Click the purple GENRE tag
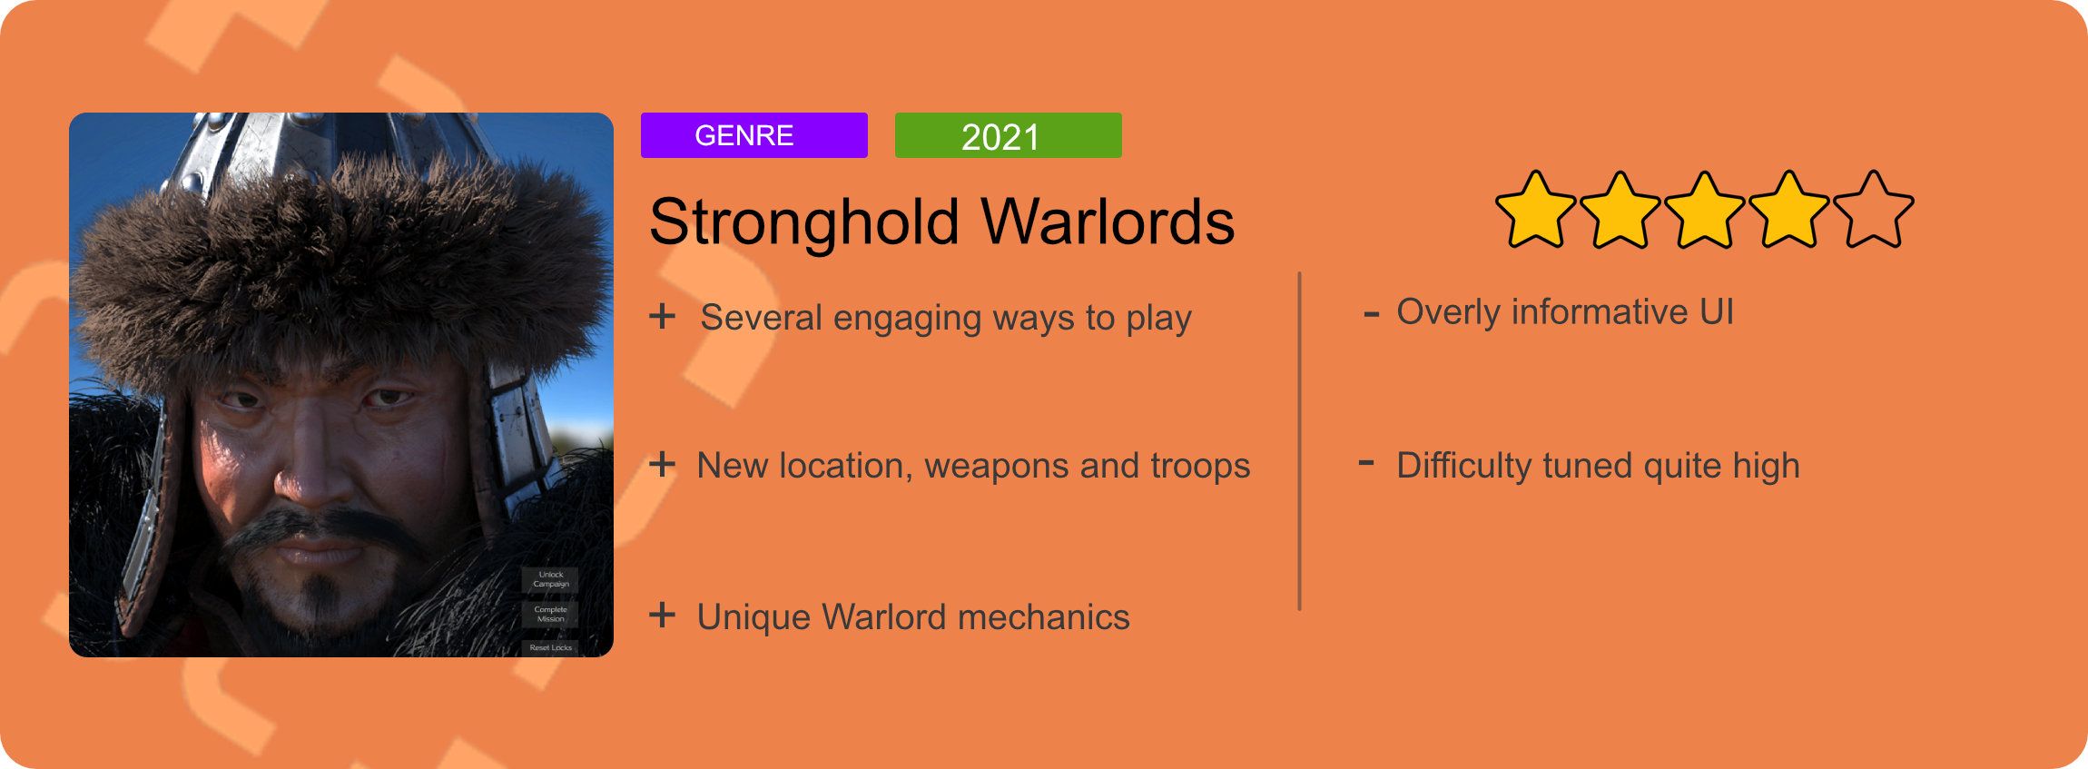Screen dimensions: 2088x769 click(753, 135)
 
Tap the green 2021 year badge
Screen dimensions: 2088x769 click(1008, 135)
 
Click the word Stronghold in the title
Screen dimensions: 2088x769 click(804, 222)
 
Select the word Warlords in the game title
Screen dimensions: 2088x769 click(1108, 221)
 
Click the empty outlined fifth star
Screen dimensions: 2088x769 click(1873, 210)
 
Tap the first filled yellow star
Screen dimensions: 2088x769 click(1536, 210)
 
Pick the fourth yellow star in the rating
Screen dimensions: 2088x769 click(1788, 210)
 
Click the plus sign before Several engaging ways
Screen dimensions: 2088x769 click(663, 316)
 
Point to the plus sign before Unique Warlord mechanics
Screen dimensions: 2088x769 click(663, 615)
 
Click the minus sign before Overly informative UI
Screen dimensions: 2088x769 click(1372, 315)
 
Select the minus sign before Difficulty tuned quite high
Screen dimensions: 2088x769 click(1366, 463)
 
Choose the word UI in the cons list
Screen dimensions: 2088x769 click(1717, 312)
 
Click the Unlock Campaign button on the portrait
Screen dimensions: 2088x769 click(550, 579)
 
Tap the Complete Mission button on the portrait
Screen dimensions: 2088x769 click(550, 615)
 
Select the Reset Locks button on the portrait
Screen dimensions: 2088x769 click(550, 647)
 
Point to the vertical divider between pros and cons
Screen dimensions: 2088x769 click(1300, 441)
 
